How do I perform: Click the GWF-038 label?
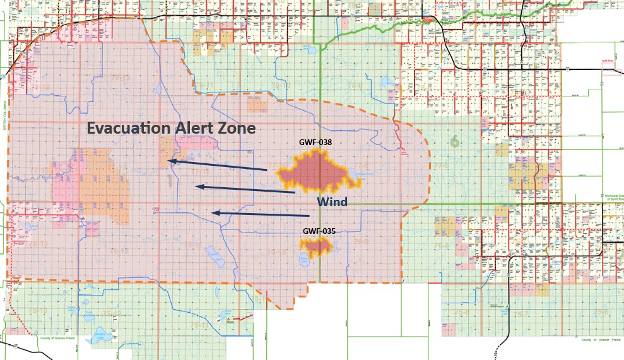point(315,142)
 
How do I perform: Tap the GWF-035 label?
point(319,231)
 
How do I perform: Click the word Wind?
point(332,202)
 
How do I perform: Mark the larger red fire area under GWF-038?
point(315,173)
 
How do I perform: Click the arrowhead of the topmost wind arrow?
point(172,162)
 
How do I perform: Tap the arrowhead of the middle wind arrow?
point(199,186)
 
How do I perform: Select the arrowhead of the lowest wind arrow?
point(215,213)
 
